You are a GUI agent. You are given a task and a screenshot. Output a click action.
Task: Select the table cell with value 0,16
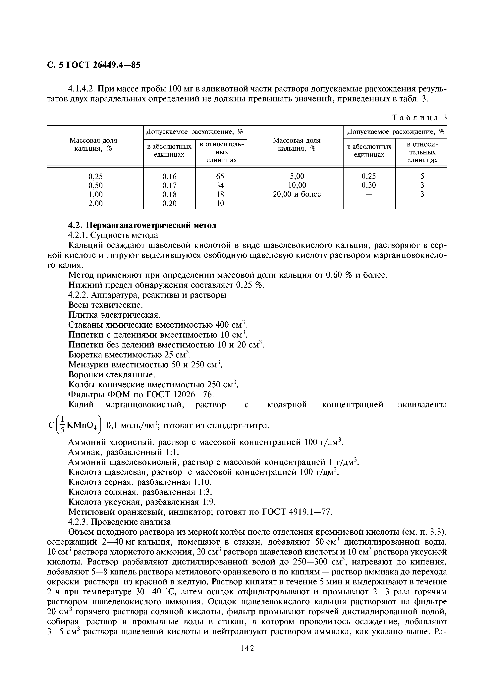[x=169, y=176]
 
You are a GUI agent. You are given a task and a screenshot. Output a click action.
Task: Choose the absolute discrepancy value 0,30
[x=369, y=185]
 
